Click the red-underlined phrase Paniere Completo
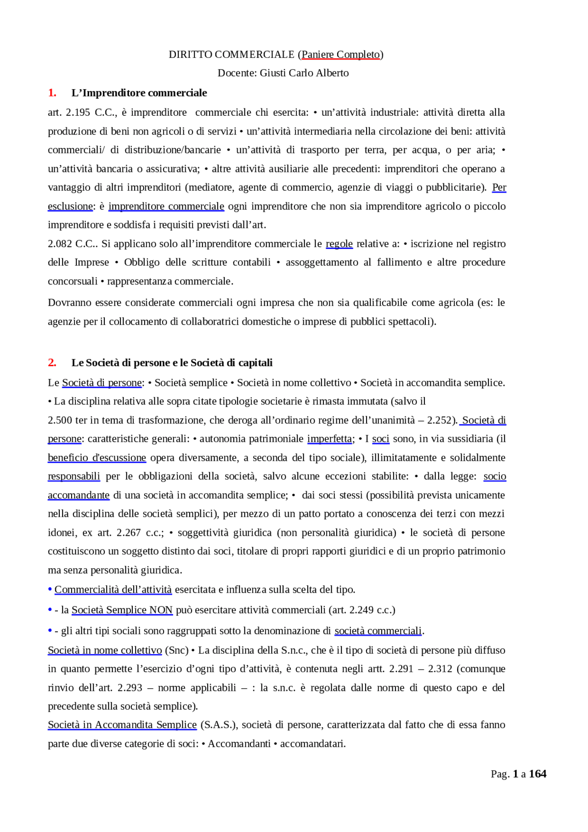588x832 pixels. coord(340,54)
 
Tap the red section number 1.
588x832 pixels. coord(52,93)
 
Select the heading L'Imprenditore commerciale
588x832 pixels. coord(139,93)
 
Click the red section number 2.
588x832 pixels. coord(52,362)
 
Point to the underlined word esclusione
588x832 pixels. coord(70,206)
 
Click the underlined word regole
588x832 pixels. coord(339,243)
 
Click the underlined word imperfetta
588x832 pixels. coord(329,438)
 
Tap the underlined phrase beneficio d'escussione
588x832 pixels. coord(97,458)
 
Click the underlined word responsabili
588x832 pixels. coord(74,476)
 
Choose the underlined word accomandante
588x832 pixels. coord(79,495)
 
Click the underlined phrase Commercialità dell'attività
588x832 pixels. coord(113,589)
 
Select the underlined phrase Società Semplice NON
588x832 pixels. coord(122,610)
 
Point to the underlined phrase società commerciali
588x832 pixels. coord(378,631)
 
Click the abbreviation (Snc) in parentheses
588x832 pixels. coord(177,650)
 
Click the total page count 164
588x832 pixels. coord(537,774)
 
